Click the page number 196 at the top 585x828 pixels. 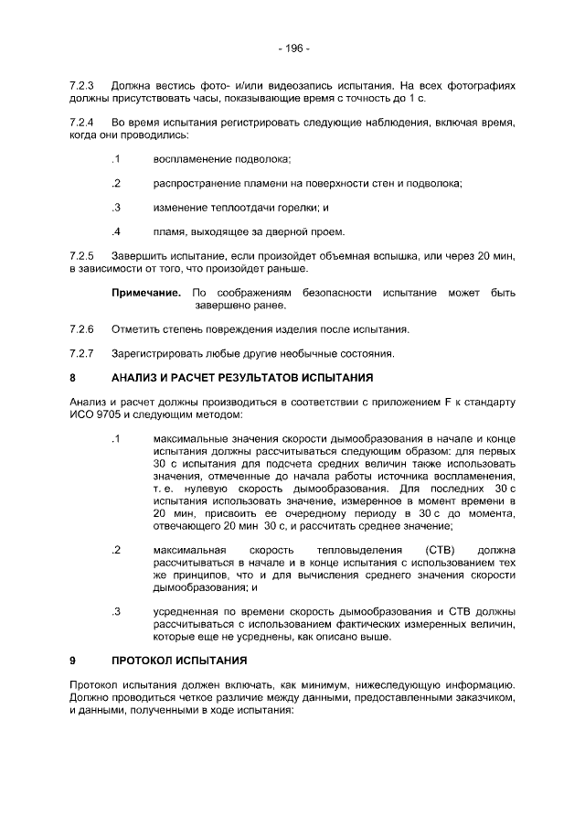pyautogui.click(x=293, y=48)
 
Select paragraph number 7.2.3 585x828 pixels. pyautogui.click(x=82, y=86)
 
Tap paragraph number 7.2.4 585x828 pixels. pyautogui.click(x=82, y=123)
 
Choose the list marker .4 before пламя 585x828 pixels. pyautogui.click(x=116, y=231)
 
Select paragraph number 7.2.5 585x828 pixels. pyautogui.click(x=82, y=255)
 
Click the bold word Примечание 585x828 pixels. pyautogui.click(x=146, y=293)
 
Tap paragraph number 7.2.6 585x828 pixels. pyautogui.click(x=82, y=328)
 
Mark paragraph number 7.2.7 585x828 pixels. pyautogui.click(x=82, y=352)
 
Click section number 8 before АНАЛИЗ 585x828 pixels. pyautogui.click(x=72, y=377)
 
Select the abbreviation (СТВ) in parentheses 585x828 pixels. pyautogui.click(x=428, y=550)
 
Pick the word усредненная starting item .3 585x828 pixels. pyautogui.click(x=189, y=611)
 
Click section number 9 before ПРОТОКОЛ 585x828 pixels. pyautogui.click(x=72, y=660)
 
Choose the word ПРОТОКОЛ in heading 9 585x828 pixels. pyautogui.click(x=148, y=660)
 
